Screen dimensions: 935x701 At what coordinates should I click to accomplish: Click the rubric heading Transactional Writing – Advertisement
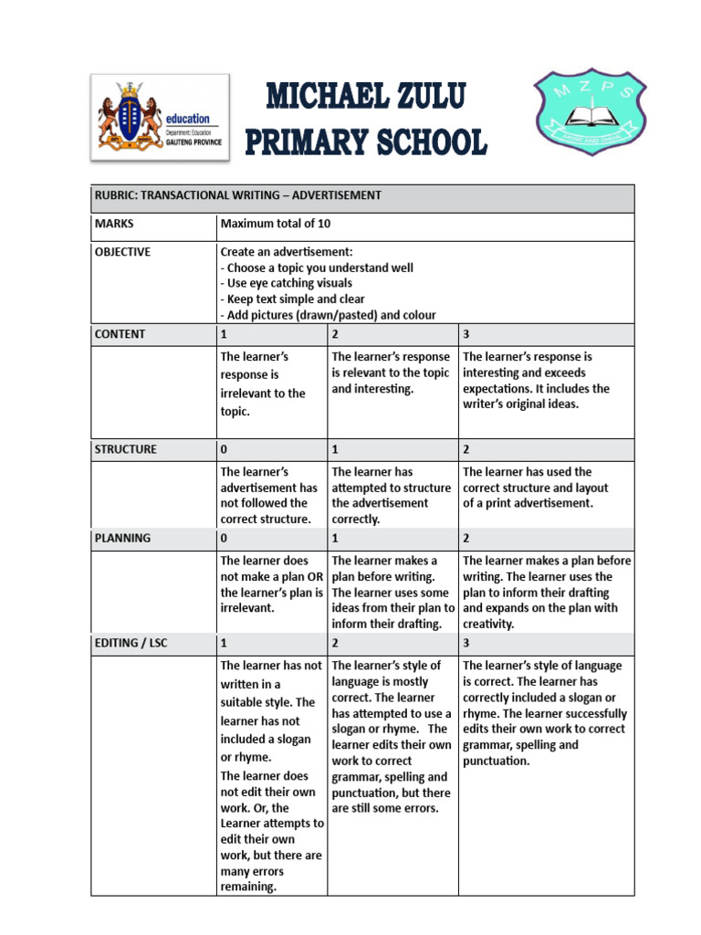coord(237,195)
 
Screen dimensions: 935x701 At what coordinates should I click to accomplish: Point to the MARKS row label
coord(114,223)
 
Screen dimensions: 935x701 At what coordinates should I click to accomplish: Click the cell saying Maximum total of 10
coord(268,223)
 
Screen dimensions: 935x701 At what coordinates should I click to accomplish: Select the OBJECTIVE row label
coord(123,251)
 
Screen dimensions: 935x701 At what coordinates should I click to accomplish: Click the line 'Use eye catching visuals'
coord(287,283)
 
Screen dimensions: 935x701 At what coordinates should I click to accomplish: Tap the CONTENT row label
coord(120,334)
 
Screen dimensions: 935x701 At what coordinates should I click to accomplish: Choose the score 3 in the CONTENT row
coord(466,334)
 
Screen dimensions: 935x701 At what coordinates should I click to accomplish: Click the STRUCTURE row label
coord(126,449)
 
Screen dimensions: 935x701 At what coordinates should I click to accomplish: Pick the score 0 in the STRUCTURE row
coord(225,449)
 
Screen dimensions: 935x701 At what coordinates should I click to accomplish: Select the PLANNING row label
coord(123,539)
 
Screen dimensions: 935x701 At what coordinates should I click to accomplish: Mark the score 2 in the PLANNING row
coord(466,539)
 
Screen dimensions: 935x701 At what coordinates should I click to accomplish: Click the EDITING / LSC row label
coord(131,644)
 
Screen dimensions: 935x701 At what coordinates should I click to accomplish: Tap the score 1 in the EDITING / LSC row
coord(225,644)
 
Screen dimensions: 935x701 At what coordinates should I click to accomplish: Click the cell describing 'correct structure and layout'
coord(546,488)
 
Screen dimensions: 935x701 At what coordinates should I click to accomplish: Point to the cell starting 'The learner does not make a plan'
coord(271,584)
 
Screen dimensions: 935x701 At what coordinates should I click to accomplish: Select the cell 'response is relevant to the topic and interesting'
coord(391,373)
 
